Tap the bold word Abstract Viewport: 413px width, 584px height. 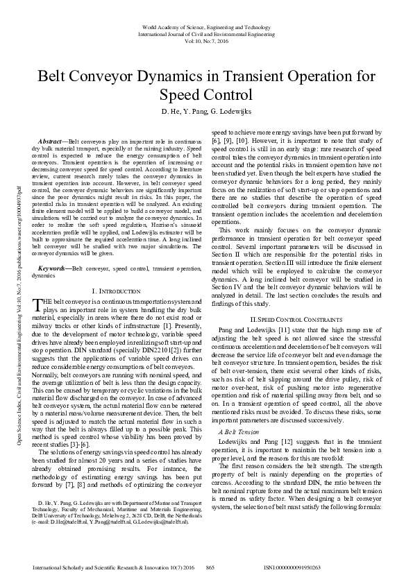point(51,140)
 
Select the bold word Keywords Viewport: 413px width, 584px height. point(52,267)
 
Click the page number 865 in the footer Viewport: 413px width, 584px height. point(210,567)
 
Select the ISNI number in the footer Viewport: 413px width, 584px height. point(292,567)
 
